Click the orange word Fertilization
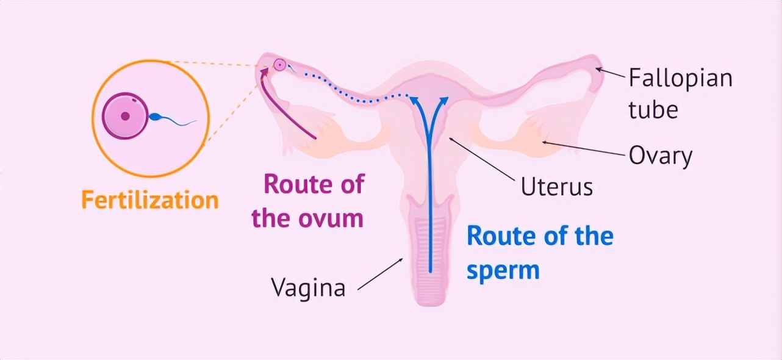(x=149, y=200)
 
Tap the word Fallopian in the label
(x=680, y=78)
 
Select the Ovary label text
(x=661, y=156)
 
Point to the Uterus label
(x=556, y=186)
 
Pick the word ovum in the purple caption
(x=332, y=218)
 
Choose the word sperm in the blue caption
(x=503, y=270)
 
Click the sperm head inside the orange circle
(x=155, y=118)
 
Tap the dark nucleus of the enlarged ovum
(x=125, y=115)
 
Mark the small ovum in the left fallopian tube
(x=279, y=64)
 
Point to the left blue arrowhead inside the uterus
(x=416, y=100)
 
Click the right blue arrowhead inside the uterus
(x=445, y=100)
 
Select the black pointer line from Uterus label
(x=481, y=158)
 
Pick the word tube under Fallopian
(x=653, y=110)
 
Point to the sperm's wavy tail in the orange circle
(x=180, y=123)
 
